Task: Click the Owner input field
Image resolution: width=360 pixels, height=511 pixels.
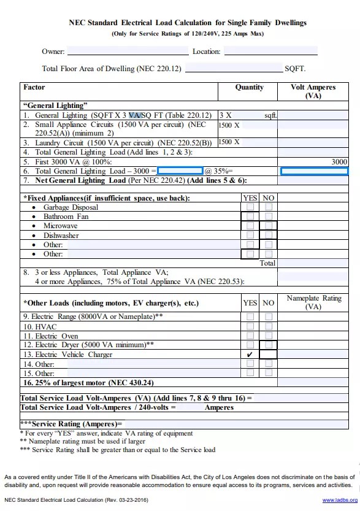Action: [x=127, y=51]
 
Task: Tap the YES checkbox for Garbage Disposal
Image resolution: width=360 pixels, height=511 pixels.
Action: [x=250, y=207]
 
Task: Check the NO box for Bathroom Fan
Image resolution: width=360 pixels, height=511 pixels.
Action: [x=268, y=217]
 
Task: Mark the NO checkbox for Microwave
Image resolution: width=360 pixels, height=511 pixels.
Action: [x=268, y=226]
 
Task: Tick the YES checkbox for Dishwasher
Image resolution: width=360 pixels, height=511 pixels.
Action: [x=250, y=235]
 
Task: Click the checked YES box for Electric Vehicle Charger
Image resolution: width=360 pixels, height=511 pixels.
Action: [x=250, y=355]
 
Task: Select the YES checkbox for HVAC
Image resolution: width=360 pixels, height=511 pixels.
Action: [x=250, y=326]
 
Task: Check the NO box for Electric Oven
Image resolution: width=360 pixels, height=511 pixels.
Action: [x=268, y=336]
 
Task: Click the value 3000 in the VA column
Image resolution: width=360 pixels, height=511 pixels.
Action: [x=339, y=162]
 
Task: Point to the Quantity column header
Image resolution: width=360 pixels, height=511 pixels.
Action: [x=249, y=87]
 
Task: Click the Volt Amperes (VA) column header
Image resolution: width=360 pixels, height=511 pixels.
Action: [x=313, y=91]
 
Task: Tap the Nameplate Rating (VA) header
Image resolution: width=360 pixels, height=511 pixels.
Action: [x=313, y=302]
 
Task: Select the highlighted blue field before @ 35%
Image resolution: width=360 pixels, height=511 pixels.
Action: [x=180, y=171]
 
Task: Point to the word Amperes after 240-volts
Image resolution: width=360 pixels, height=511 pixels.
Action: [x=219, y=407]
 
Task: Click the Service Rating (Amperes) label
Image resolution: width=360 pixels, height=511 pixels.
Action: [x=71, y=423]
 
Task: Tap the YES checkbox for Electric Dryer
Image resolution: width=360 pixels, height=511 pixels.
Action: [x=250, y=345]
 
